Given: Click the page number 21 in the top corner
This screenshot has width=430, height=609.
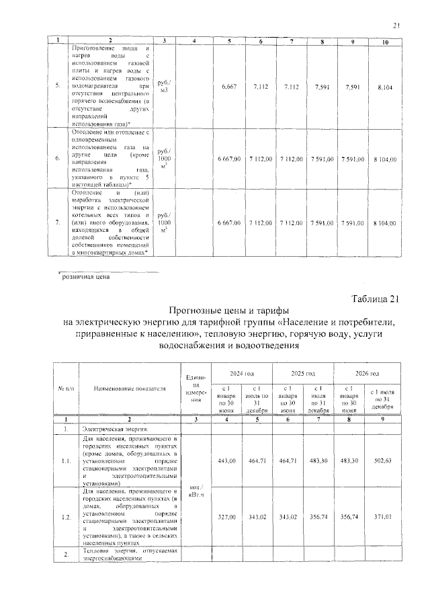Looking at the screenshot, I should point(396,26).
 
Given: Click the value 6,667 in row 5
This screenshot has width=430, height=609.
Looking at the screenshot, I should point(229,86).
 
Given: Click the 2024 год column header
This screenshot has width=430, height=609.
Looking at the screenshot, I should point(241,373).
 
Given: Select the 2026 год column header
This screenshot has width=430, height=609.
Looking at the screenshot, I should point(367,373).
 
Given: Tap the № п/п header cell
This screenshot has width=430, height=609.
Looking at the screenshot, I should point(63,389).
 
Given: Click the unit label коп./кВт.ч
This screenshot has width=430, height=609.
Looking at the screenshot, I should point(197,489).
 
